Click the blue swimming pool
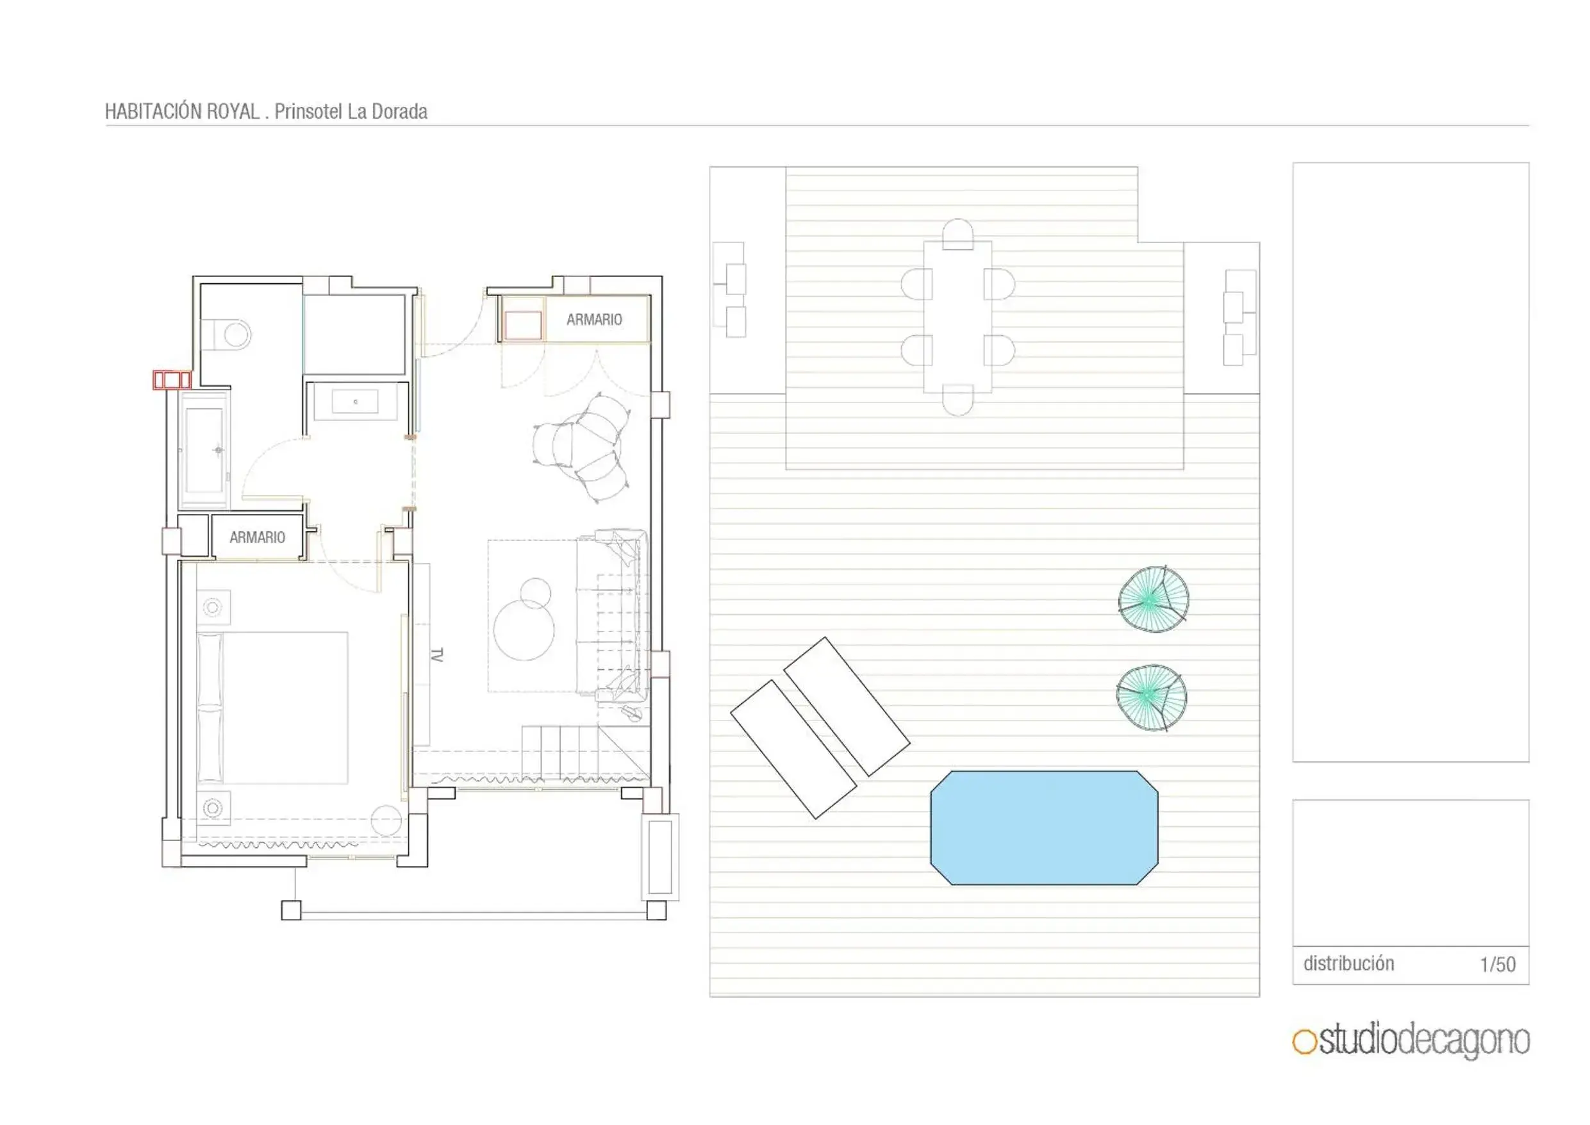click(1043, 827)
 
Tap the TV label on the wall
click(436, 654)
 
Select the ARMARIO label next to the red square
click(594, 319)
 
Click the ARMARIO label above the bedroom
click(257, 537)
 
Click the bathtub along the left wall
click(204, 449)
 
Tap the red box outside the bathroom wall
click(172, 379)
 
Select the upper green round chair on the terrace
click(1153, 599)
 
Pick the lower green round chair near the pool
click(1151, 697)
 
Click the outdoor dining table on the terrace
click(957, 317)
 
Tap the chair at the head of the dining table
click(957, 233)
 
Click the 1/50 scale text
click(1497, 964)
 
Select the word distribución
click(1348, 963)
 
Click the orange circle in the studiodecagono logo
click(1304, 1042)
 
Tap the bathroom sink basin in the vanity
click(355, 402)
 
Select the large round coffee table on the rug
click(524, 629)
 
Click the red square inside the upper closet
click(523, 325)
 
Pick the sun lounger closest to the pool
click(846, 705)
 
